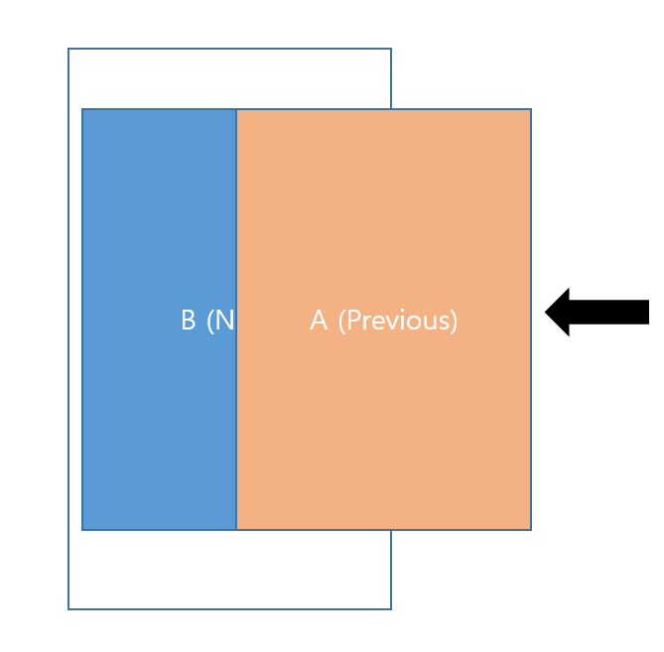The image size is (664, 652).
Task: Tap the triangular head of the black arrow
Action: click(x=560, y=312)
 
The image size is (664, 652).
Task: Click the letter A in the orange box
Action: click(x=319, y=321)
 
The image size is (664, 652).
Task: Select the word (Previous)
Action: click(x=398, y=321)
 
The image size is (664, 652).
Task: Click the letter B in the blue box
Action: click(x=189, y=321)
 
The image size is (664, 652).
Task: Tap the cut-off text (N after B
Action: click(x=220, y=321)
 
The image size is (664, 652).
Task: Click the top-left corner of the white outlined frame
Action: click(x=68, y=49)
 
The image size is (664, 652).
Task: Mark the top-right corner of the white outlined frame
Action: click(x=391, y=49)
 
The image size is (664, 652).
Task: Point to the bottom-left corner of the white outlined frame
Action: click(x=68, y=608)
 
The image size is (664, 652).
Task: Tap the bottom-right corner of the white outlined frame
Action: click(x=391, y=608)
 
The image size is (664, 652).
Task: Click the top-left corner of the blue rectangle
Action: click(x=82, y=109)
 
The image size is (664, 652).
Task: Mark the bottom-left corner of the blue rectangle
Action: click(x=82, y=530)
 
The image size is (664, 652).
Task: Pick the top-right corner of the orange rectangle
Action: click(x=531, y=109)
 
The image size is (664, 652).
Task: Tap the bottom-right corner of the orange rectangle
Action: click(x=531, y=530)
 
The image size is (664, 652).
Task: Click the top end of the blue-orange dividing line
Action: click(x=236, y=109)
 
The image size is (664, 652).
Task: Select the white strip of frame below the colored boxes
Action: click(x=229, y=570)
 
